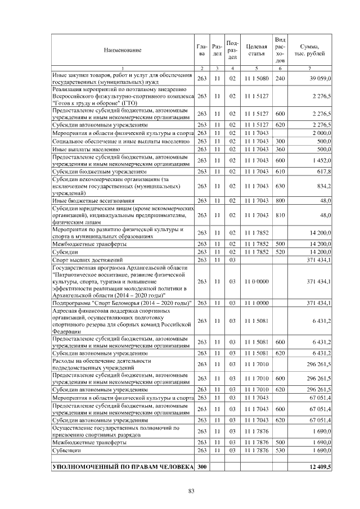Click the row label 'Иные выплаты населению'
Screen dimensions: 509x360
(x=85, y=150)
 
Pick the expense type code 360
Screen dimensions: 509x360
(x=281, y=150)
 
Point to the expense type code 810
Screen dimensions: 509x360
(x=281, y=215)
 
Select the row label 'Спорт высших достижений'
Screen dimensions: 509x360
(x=87, y=260)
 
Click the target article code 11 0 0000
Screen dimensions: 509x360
(x=256, y=282)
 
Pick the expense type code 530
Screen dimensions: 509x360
(x=281, y=451)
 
